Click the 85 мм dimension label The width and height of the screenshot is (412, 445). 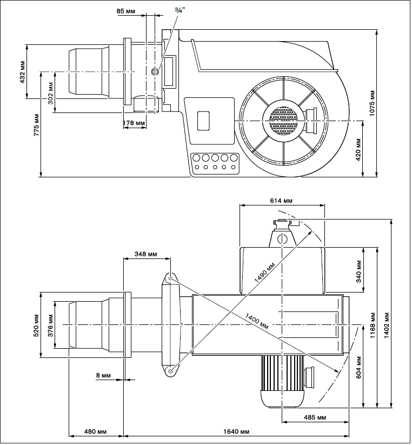[126, 10]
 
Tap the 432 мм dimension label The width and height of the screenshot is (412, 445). [22, 72]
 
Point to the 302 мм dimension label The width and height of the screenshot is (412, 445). [50, 93]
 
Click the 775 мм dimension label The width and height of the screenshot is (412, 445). [36, 124]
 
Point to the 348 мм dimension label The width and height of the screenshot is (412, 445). [146, 254]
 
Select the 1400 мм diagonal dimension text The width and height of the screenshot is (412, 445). [256, 321]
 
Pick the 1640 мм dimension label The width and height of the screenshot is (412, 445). [236, 431]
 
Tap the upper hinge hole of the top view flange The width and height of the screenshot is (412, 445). [170, 278]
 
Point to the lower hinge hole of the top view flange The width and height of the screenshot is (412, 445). [170, 371]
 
